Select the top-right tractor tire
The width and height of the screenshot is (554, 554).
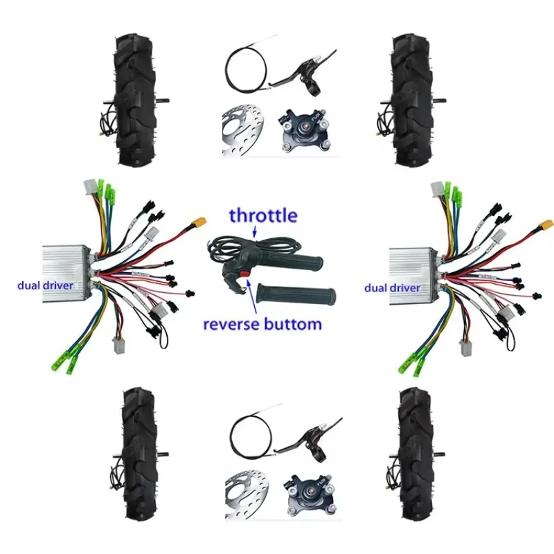[414, 102]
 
